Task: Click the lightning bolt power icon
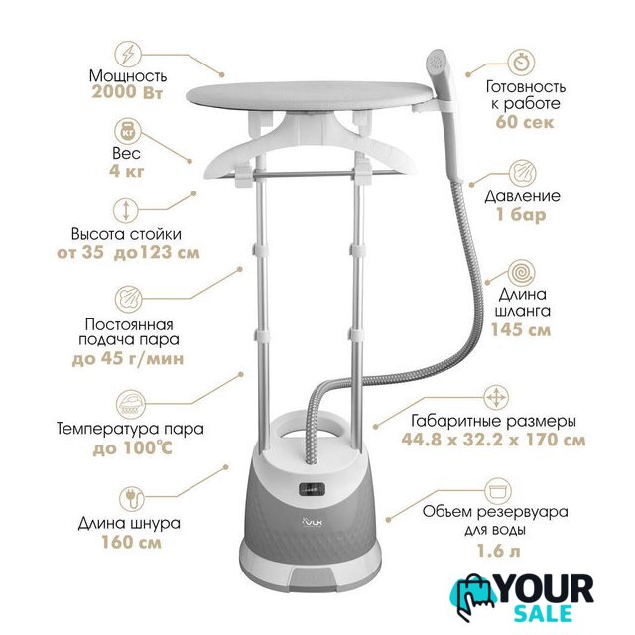point(128,54)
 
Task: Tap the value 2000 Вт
point(127,92)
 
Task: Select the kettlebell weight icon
point(128,131)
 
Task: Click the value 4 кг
point(127,171)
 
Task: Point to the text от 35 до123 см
point(128,253)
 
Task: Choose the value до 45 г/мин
point(128,359)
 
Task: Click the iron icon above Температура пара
point(129,403)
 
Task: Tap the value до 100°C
point(133,447)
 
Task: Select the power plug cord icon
point(132,498)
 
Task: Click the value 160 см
point(132,542)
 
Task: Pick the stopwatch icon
point(522,63)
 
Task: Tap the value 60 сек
point(525,121)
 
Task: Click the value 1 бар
point(521,214)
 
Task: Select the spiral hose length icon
point(522,273)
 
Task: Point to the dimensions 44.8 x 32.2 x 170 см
point(494,440)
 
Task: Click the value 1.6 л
point(498,551)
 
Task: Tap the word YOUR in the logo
point(546,590)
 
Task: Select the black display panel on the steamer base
point(313,489)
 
